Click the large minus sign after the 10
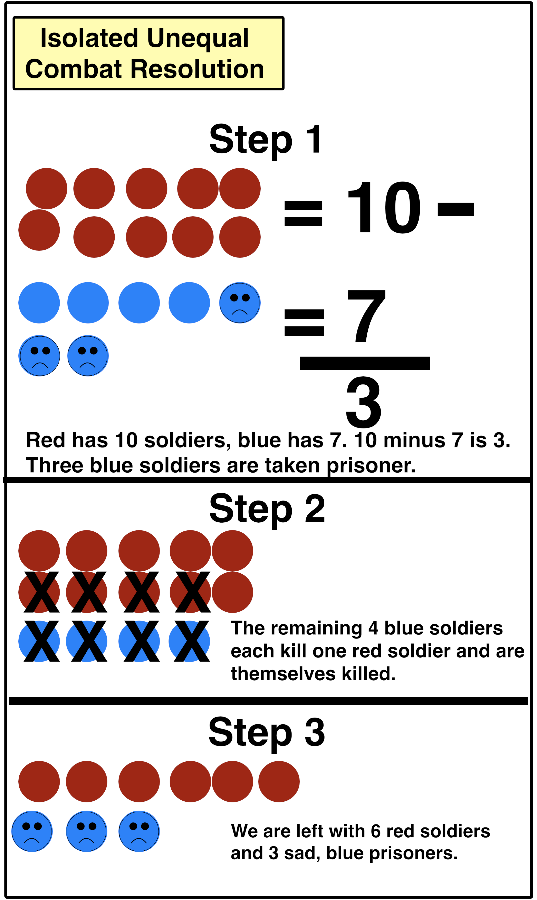coord(456,209)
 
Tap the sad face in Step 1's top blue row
coord(240,303)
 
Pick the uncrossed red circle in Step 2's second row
coord(232,593)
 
